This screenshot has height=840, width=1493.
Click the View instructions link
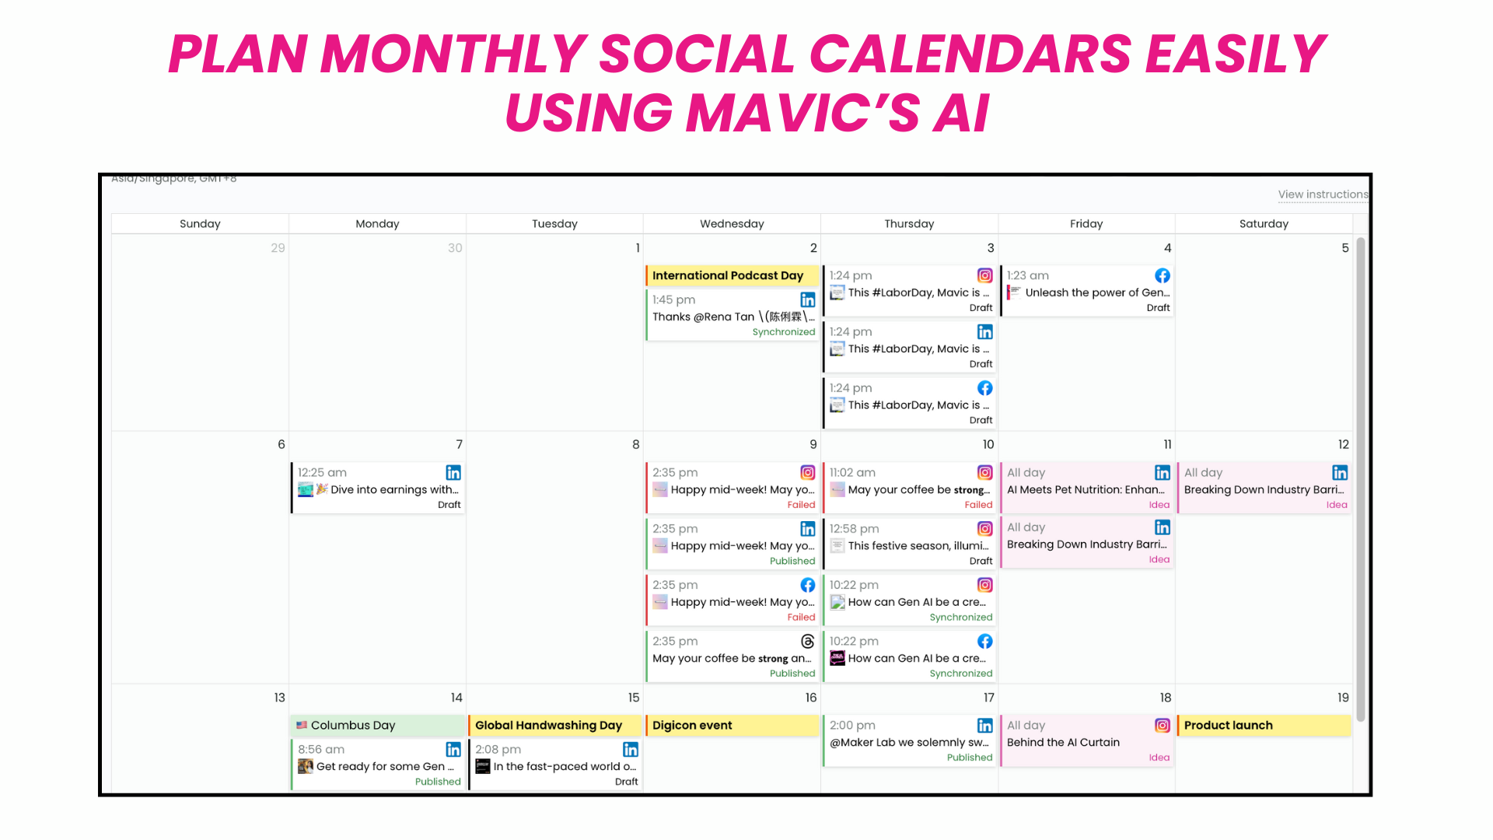coord(1322,194)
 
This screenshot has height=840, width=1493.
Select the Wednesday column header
coord(732,224)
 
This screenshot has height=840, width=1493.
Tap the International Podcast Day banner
coord(728,275)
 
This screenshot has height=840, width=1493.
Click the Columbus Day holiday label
coord(353,725)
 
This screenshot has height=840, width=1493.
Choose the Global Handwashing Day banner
coord(548,725)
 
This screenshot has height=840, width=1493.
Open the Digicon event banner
coord(692,725)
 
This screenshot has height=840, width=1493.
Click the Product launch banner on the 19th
coord(1228,725)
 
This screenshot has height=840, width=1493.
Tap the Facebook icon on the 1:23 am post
coord(1162,275)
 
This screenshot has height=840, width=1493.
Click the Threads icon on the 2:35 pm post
coord(807,641)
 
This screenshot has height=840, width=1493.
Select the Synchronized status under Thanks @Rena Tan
coord(783,332)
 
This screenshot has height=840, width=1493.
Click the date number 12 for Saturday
coord(1343,444)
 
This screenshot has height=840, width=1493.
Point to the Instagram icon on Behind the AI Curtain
coord(1162,725)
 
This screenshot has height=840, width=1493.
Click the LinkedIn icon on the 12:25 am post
coord(453,472)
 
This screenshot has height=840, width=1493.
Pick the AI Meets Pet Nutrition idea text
coord(1085,490)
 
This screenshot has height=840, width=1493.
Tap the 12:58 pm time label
coord(854,529)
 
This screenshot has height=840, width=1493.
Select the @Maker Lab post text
coord(908,743)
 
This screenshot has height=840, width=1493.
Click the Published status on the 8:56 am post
coord(437,782)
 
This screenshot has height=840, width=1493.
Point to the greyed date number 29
coord(278,248)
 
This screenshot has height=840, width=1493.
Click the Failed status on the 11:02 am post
coord(977,505)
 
